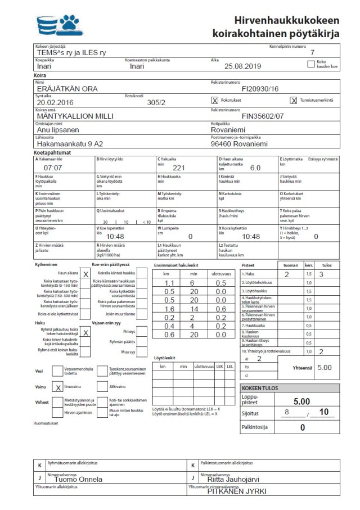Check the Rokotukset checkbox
click(x=214, y=101)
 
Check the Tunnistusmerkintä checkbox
click(x=293, y=101)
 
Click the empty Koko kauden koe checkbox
click(x=311, y=64)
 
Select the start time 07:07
click(x=53, y=168)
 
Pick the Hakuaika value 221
click(x=179, y=168)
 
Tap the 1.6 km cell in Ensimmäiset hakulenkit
click(x=169, y=309)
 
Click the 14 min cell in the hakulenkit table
click(x=192, y=309)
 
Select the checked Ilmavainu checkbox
click(x=58, y=387)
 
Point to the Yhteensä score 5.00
click(x=324, y=368)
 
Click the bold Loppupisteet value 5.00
click(x=302, y=401)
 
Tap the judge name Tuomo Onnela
click(x=78, y=480)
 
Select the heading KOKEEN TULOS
click(x=259, y=389)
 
